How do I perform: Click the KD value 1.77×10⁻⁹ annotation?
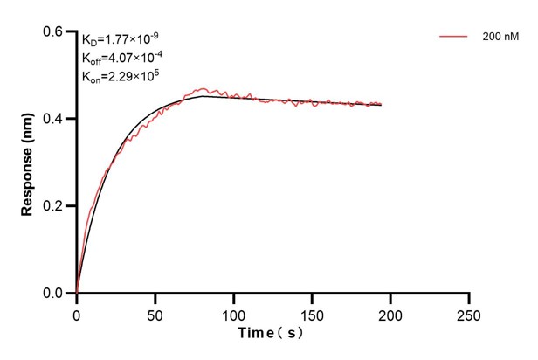pos(121,39)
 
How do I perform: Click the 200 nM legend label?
pos(497,38)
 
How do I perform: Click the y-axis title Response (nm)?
pos(29,163)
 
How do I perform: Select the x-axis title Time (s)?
pos(272,333)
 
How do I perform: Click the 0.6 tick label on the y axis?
pos(54,31)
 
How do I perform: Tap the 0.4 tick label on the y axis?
pos(54,119)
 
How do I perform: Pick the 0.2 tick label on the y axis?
pos(54,206)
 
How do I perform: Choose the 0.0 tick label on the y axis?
pos(54,294)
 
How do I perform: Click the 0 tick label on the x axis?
pos(77,312)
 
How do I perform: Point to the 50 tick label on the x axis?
pos(155,312)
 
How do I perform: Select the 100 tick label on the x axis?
pos(234,312)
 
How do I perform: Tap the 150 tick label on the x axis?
pos(313,312)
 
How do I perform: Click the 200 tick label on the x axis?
pos(391,312)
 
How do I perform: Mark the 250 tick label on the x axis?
pos(470,312)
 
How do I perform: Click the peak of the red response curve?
pos(203,88)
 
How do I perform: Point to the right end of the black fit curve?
pos(382,105)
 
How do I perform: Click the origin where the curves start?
pos(77,294)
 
